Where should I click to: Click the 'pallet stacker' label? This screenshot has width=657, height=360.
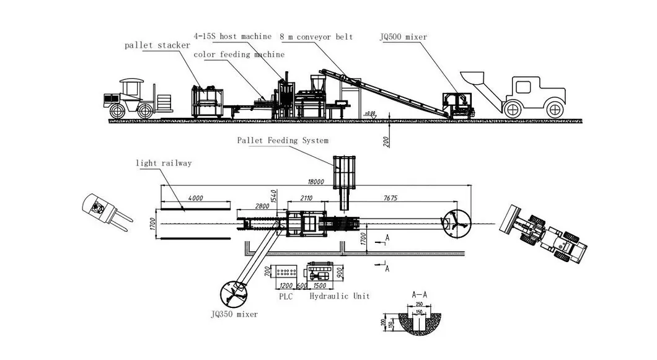pos(157,45)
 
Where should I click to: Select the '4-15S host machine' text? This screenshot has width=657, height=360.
pos(232,37)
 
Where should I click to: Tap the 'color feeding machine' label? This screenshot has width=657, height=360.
pos(239,55)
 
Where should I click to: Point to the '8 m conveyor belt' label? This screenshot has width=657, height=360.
pos(316,37)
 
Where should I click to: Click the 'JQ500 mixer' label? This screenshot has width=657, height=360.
pos(403,37)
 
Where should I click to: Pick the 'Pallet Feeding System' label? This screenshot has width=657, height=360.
pos(283,141)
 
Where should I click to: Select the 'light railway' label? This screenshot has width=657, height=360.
pos(164,163)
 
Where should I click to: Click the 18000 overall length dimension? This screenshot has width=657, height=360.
pos(316,182)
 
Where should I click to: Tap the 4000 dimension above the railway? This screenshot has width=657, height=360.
pos(195,198)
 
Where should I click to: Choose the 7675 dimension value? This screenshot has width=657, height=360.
pos(390,198)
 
